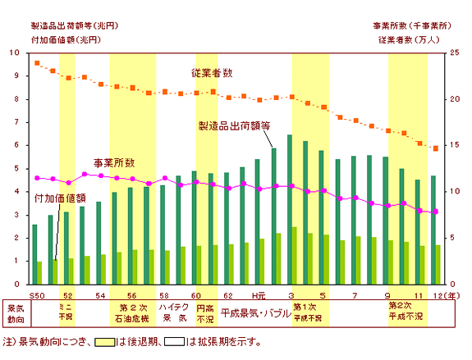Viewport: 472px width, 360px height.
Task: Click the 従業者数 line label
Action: (x=212, y=73)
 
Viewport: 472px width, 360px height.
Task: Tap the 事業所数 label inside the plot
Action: (x=114, y=163)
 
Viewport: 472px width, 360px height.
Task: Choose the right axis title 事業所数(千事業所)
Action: (x=410, y=25)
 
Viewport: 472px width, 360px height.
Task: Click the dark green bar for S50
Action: (x=34, y=243)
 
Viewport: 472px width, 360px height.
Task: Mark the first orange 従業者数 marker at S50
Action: (x=36, y=63)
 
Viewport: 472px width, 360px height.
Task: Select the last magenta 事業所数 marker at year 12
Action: (x=435, y=212)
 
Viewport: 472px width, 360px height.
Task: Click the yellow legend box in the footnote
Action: (x=104, y=342)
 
